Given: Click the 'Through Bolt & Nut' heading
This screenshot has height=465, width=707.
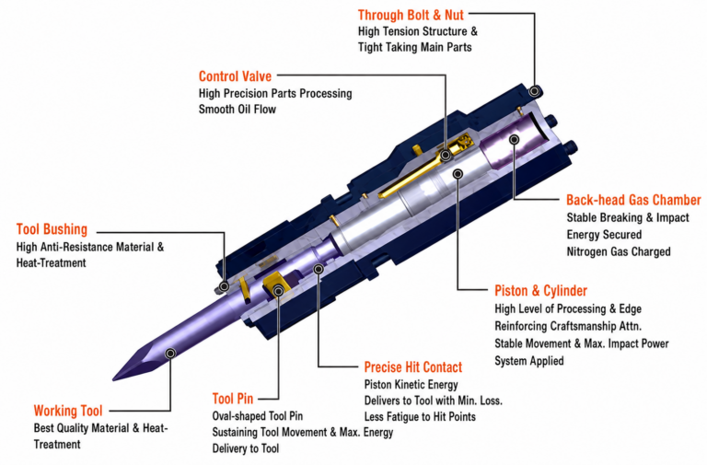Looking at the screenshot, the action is [x=411, y=15].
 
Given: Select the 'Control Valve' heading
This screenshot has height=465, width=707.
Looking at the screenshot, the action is [x=235, y=76].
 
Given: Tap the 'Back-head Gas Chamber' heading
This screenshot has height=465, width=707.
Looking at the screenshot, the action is [x=633, y=200].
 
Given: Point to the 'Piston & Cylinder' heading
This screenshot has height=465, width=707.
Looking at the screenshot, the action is [x=540, y=290].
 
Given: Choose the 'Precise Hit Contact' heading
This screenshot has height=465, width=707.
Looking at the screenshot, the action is [x=413, y=367].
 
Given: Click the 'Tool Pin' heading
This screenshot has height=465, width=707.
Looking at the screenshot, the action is [x=233, y=399].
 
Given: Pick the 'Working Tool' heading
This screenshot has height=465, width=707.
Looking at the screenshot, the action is [x=68, y=411].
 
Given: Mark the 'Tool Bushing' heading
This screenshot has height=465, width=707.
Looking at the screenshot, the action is [x=52, y=229].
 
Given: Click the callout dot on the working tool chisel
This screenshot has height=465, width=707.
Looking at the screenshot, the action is [x=170, y=354].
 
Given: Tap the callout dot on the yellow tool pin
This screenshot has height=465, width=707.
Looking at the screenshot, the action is [x=279, y=291].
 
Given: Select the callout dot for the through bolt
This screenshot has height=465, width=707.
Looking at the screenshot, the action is [x=534, y=91].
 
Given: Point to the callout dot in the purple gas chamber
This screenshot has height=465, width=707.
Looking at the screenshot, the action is [x=514, y=140].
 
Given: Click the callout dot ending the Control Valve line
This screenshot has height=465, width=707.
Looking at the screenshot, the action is [x=446, y=156].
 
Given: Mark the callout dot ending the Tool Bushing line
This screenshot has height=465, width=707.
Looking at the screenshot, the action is [x=224, y=287].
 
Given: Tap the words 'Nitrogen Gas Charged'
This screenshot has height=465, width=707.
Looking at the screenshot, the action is [x=619, y=251].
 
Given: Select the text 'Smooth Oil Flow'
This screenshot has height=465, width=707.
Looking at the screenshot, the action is [x=238, y=110].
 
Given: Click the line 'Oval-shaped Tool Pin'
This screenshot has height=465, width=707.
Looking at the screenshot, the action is [x=258, y=416].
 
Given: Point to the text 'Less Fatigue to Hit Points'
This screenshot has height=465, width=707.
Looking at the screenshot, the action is [x=420, y=416].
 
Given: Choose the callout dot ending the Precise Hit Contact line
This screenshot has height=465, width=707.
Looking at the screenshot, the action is [x=319, y=269].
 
